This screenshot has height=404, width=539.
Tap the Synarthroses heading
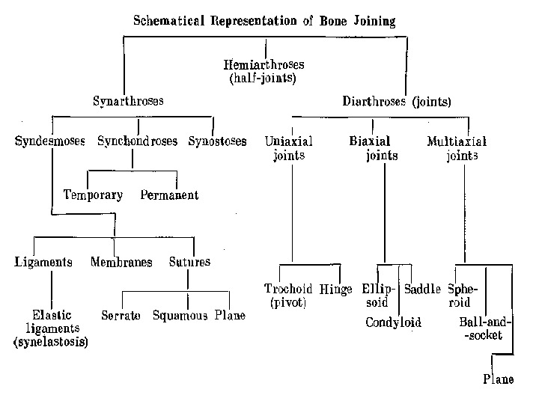click(x=128, y=100)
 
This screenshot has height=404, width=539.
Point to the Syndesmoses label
click(x=49, y=141)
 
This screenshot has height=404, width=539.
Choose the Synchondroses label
click(x=137, y=141)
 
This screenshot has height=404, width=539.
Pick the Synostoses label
click(x=217, y=141)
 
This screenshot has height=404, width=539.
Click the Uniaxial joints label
click(x=289, y=147)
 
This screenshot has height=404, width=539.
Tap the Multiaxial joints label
click(x=457, y=147)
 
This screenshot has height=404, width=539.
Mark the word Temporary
click(x=93, y=195)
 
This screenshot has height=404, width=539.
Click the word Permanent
click(x=169, y=195)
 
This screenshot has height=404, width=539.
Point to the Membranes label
click(x=121, y=262)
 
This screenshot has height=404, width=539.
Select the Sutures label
click(x=189, y=262)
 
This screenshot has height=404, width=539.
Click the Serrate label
click(x=121, y=316)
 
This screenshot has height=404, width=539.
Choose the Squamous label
click(x=180, y=316)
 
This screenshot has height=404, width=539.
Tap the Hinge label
click(x=336, y=290)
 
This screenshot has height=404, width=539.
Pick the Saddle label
click(x=423, y=290)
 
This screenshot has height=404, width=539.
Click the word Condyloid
click(x=394, y=322)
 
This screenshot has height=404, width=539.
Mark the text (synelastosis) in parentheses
click(x=51, y=342)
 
